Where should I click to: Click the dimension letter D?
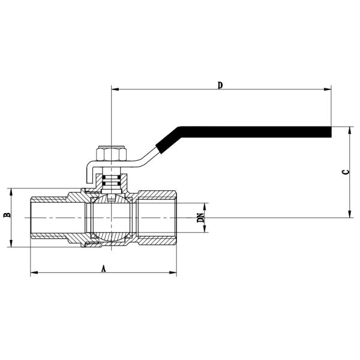pyautogui.click(x=220, y=85)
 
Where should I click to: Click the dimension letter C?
pyautogui.click(x=345, y=172)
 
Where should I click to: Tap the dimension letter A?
pyautogui.click(x=103, y=269)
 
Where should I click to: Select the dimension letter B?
pyautogui.click(x=7, y=214)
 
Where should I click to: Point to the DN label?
pyautogui.click(x=201, y=218)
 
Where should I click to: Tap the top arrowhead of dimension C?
pyautogui.click(x=350, y=129)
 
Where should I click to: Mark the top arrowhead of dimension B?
pyautogui.click(x=11, y=190)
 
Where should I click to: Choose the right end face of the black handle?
pyautogui.click(x=331, y=131)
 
